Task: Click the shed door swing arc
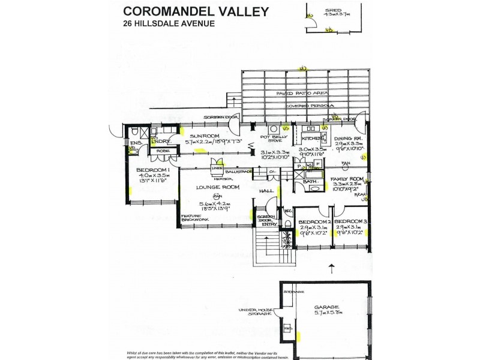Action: point(313,22)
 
